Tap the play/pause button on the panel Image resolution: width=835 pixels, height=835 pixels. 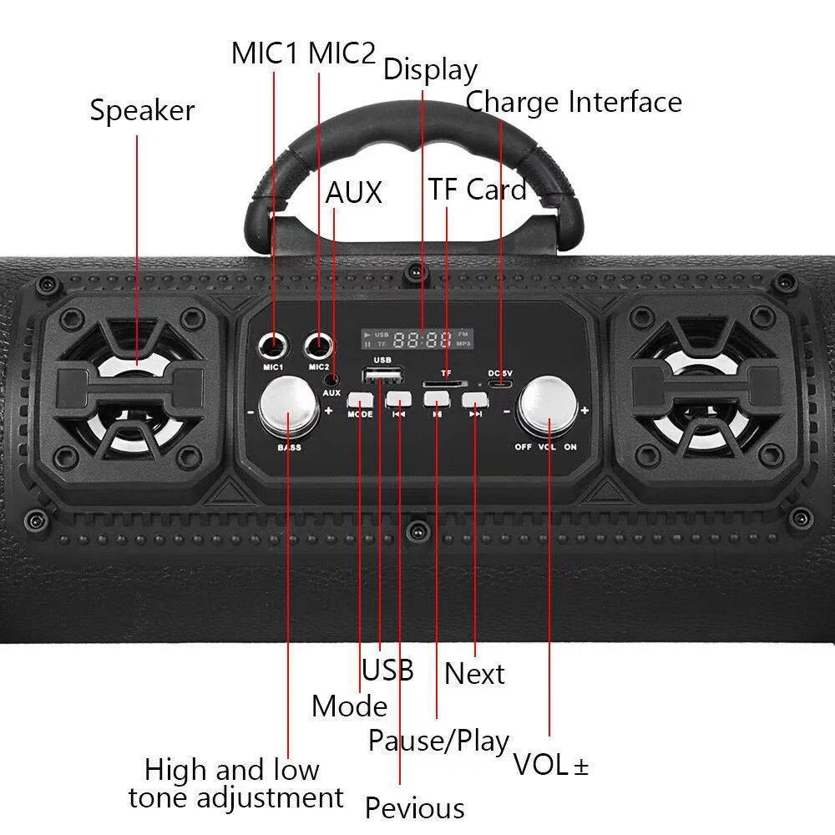(436, 399)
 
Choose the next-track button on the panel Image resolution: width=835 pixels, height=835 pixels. (474, 399)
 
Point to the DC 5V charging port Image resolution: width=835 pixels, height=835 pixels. (501, 384)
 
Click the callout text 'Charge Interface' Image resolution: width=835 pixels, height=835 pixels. (574, 102)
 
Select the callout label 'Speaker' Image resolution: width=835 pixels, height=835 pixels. (142, 110)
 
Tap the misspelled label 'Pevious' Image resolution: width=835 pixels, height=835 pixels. (414, 808)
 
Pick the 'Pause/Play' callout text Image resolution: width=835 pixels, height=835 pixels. (438, 741)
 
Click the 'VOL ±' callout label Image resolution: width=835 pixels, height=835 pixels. (550, 765)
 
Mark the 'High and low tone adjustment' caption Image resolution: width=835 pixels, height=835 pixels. (235, 783)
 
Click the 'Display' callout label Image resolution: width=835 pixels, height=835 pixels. (429, 69)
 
